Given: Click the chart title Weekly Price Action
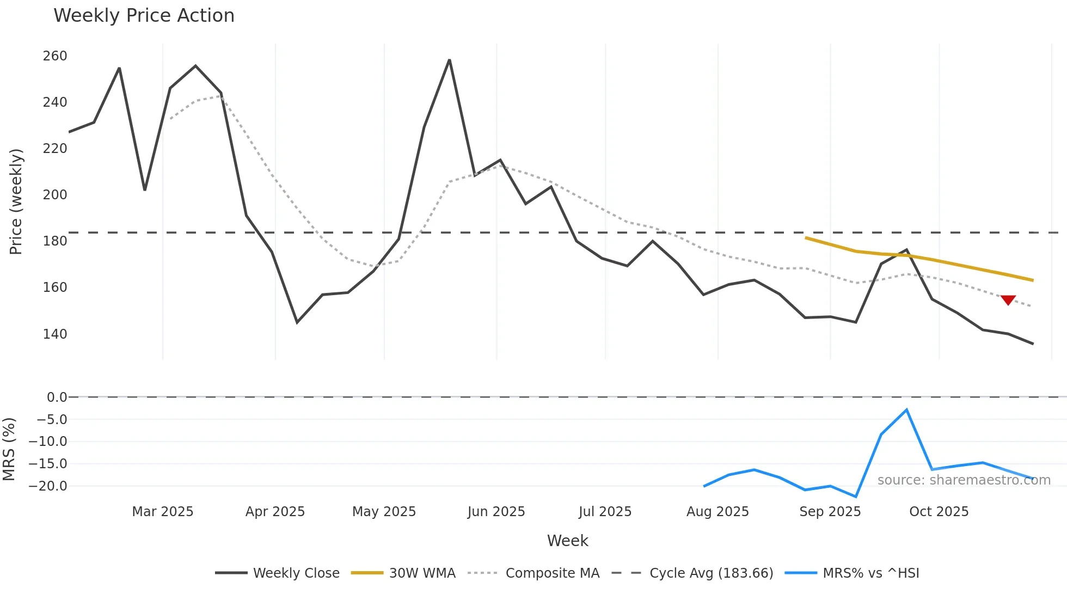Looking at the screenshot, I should pyautogui.click(x=144, y=16).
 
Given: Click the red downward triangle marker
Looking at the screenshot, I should pyautogui.click(x=1008, y=300).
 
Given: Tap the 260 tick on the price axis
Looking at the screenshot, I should pyautogui.click(x=55, y=56).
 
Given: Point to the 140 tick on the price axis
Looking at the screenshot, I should pyautogui.click(x=55, y=334).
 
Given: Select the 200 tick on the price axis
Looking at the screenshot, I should pyautogui.click(x=55, y=195).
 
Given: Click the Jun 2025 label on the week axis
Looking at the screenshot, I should pyautogui.click(x=496, y=512).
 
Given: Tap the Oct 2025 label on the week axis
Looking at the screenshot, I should pyautogui.click(x=939, y=512).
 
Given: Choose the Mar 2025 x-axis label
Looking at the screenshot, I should pyautogui.click(x=163, y=512).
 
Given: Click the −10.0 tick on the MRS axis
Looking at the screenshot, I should pyautogui.click(x=48, y=442).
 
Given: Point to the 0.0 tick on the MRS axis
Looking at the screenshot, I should pyautogui.click(x=57, y=397).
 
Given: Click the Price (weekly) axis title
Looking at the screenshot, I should pyautogui.click(x=16, y=201).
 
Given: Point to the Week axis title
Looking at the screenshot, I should pyautogui.click(x=567, y=541).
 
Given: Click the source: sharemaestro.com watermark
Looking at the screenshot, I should pyautogui.click(x=964, y=480).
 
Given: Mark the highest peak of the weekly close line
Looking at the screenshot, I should pyautogui.click(x=449, y=59).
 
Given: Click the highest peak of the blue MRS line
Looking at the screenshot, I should pyautogui.click(x=906, y=409).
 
